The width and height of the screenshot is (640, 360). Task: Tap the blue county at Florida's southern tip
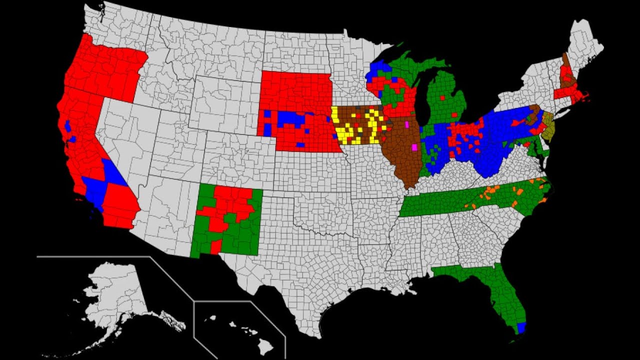tap(521, 328)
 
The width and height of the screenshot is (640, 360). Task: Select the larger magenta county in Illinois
tap(414, 147)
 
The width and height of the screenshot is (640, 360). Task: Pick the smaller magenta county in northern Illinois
tap(407, 123)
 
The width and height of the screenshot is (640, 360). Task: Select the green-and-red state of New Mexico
tap(227, 220)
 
